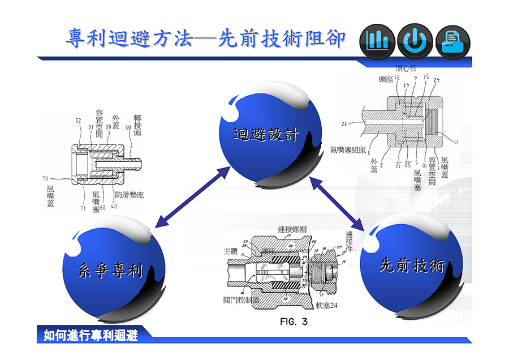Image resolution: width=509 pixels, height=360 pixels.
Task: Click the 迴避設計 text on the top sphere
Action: coord(266,134)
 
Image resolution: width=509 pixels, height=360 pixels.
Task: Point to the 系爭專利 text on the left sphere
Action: coord(110,271)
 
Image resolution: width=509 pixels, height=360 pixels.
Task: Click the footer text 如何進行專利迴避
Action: coord(90,336)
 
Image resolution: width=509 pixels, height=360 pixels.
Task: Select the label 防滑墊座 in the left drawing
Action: coord(129,194)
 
